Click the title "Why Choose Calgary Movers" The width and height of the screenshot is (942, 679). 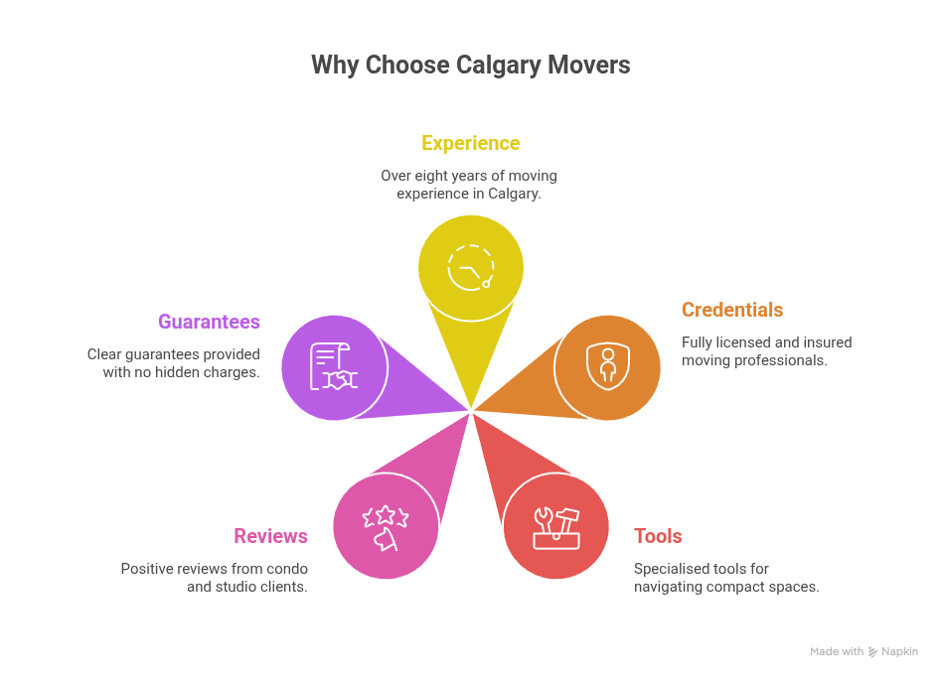click(470, 66)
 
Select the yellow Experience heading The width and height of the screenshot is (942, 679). click(470, 143)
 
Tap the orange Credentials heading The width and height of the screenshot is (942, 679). click(731, 310)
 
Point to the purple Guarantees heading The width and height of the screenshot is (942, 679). click(209, 322)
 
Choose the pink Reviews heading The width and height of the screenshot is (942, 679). click(270, 536)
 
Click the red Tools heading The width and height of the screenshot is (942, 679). click(658, 536)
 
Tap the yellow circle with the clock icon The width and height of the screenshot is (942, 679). click(471, 268)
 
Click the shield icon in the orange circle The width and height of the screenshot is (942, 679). click(607, 367)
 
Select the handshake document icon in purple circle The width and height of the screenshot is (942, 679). click(334, 367)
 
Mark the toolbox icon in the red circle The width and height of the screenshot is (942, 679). click(555, 526)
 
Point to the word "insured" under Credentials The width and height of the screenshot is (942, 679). click(827, 342)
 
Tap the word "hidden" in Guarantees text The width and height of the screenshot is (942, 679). click(186, 372)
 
